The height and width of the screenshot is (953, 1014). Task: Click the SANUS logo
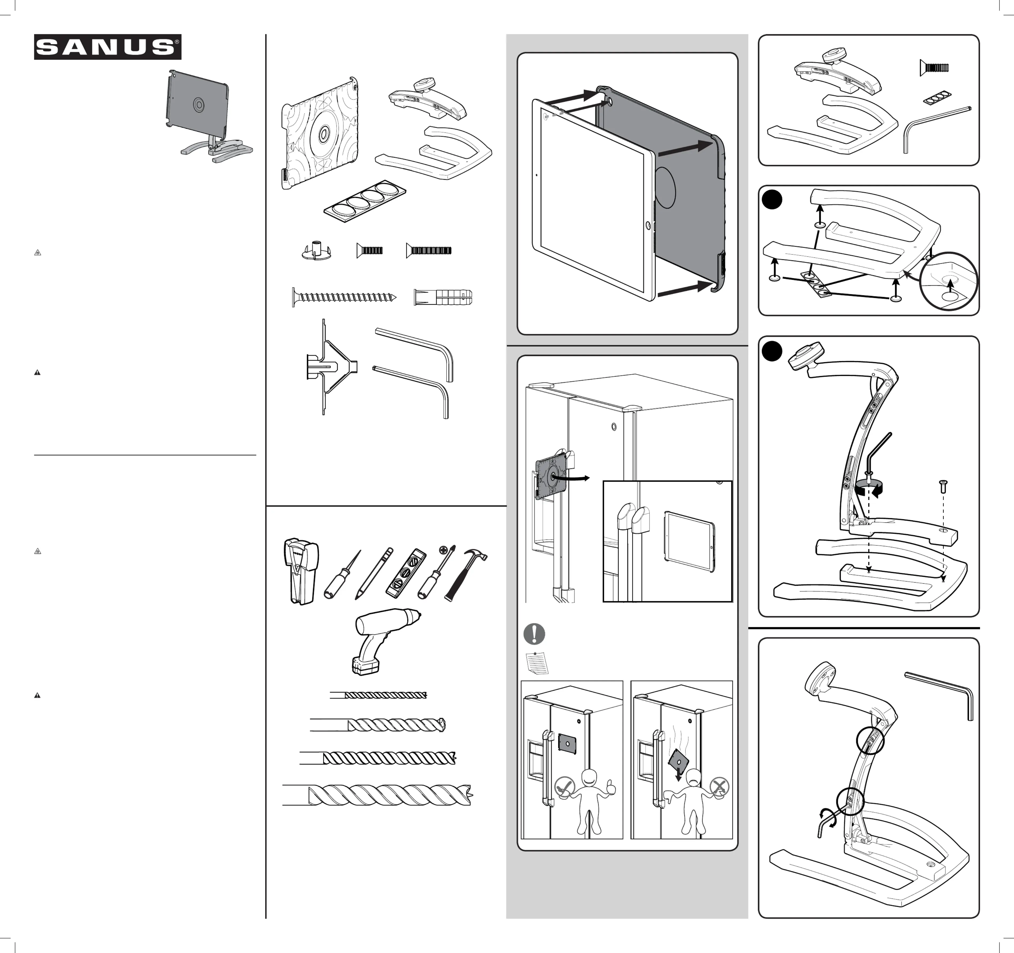[x=108, y=47]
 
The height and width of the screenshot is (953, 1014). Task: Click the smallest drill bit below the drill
[x=379, y=695]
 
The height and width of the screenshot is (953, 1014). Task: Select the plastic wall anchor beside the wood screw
[x=443, y=297]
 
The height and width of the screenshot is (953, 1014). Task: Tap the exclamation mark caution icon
[x=534, y=634]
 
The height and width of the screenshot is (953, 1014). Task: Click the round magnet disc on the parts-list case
[x=323, y=135]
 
